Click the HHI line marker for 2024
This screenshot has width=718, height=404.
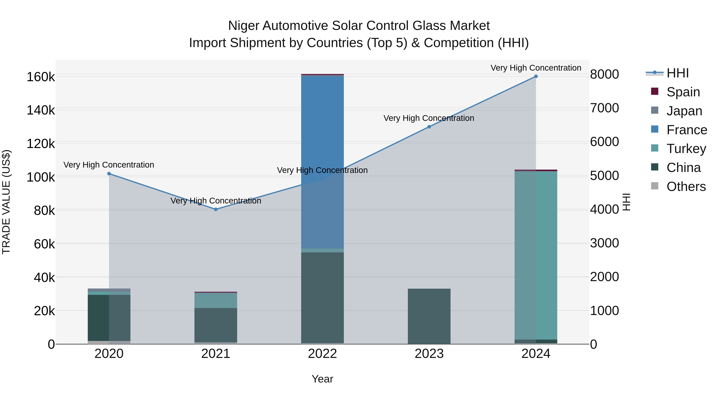pos(536,76)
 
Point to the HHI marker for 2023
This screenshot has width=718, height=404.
pos(429,127)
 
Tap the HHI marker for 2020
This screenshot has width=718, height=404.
pos(109,174)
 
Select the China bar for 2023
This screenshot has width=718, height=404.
pos(429,316)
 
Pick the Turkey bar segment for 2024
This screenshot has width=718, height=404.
pos(536,255)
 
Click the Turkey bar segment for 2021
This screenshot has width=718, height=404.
pos(216,301)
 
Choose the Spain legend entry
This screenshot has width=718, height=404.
pos(683,92)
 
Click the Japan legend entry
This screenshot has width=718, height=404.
pos(684,111)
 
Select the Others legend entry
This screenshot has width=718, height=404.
pos(686,187)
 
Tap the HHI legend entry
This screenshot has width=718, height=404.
pos(677,73)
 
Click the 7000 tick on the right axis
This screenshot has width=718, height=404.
pos(605,108)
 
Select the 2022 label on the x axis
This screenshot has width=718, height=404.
pos(323,354)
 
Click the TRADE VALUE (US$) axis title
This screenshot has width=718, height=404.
pos(6,202)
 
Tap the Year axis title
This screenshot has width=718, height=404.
pos(323,379)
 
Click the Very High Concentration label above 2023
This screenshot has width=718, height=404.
pos(429,118)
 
